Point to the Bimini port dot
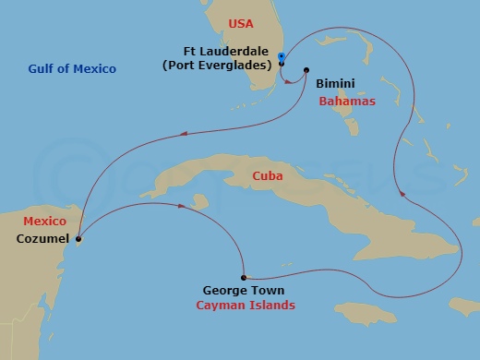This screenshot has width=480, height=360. pos(306,70)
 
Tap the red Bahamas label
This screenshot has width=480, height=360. pos(347,101)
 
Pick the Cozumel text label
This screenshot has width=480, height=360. pos(42,238)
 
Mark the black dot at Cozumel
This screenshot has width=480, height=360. pos(78,240)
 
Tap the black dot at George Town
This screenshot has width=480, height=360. pos(243,277)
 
